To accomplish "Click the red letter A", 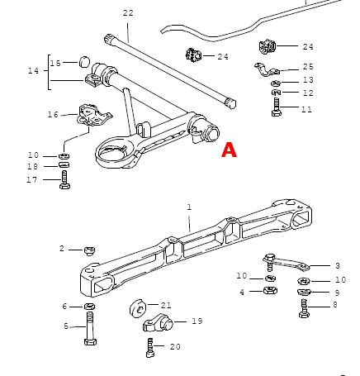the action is (229, 150).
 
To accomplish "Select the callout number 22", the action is (128, 12).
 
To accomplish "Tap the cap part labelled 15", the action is (84, 62).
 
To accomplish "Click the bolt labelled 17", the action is (64, 179).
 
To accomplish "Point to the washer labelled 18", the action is (64, 165).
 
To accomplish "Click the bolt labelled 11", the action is (277, 107).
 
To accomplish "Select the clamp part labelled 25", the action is (267, 69).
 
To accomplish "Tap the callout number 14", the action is (34, 71).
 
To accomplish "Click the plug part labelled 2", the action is (89, 250).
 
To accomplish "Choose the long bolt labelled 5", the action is (90, 329).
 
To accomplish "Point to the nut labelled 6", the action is (89, 306).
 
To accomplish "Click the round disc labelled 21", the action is (138, 309).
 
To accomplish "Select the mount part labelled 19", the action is (158, 322).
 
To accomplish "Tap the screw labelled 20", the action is (150, 348).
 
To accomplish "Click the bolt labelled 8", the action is (304, 308).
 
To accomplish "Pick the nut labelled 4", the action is (270, 290).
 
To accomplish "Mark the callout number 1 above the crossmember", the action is (189, 207).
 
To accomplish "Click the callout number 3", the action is (338, 266).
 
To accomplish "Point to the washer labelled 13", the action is (276, 83).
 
